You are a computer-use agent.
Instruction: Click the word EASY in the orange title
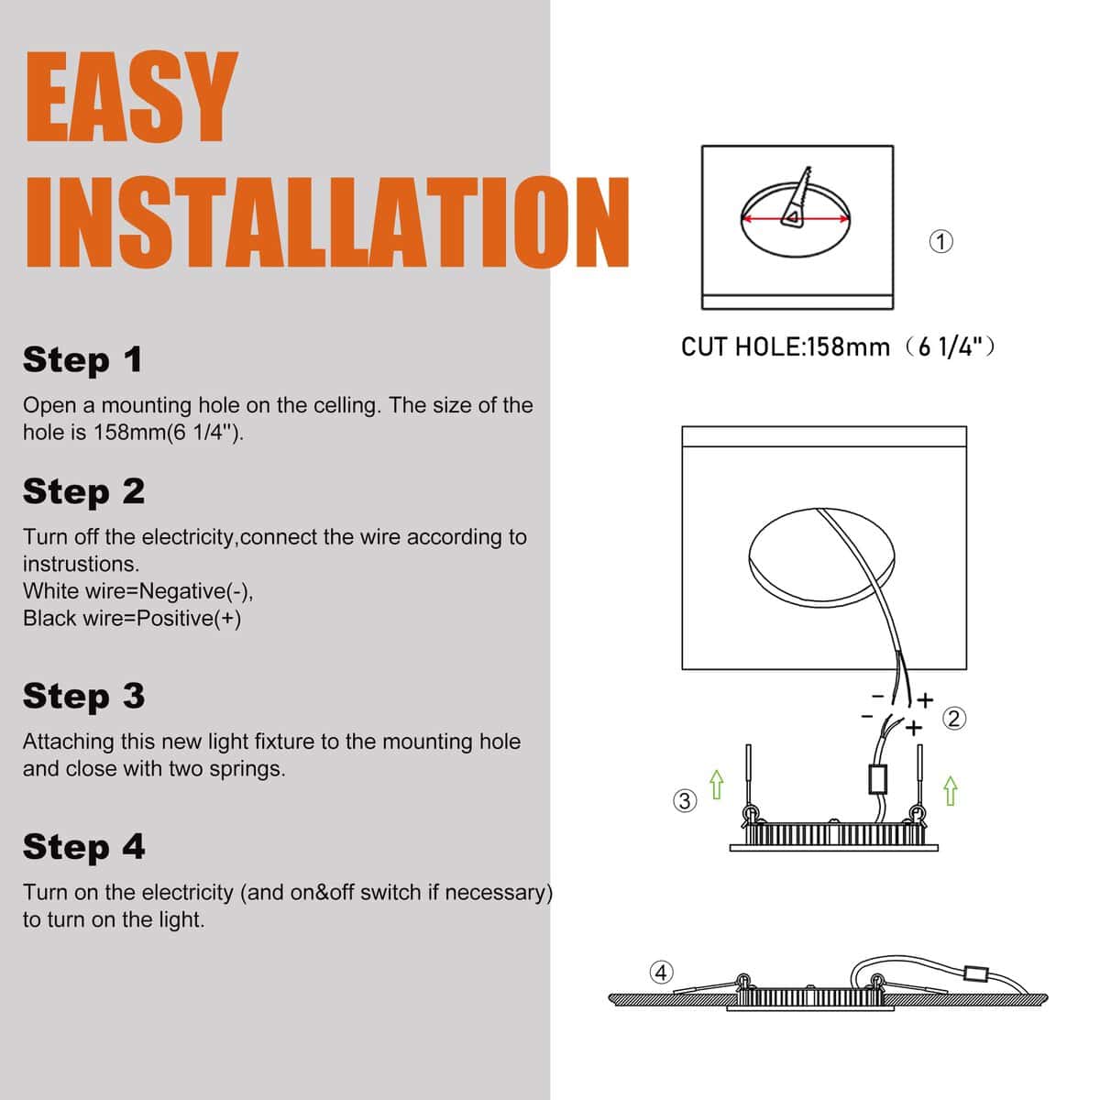pyautogui.click(x=131, y=96)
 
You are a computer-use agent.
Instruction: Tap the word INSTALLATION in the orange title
pyautogui.click(x=327, y=222)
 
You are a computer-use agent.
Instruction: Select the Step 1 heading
pyautogui.click(x=82, y=359)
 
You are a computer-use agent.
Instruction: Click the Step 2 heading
pyautogui.click(x=84, y=491)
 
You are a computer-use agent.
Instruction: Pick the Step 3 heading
pyautogui.click(x=84, y=697)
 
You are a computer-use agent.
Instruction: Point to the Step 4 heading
pyautogui.click(x=84, y=847)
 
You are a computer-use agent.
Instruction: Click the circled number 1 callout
pyautogui.click(x=940, y=241)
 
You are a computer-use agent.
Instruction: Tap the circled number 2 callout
pyautogui.click(x=954, y=718)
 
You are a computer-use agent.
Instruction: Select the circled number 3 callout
pyautogui.click(x=685, y=800)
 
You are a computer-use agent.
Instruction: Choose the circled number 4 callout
pyautogui.click(x=661, y=973)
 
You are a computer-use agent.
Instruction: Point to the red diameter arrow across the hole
pyautogui.click(x=795, y=218)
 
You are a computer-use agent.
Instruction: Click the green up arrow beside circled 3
pyautogui.click(x=717, y=785)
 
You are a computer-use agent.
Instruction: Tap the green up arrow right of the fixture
pyautogui.click(x=950, y=790)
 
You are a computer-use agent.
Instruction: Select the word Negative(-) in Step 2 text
pyautogui.click(x=196, y=591)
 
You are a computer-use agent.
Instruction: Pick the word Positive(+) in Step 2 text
pyautogui.click(x=189, y=618)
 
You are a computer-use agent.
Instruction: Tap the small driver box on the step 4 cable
pyautogui.click(x=975, y=973)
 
